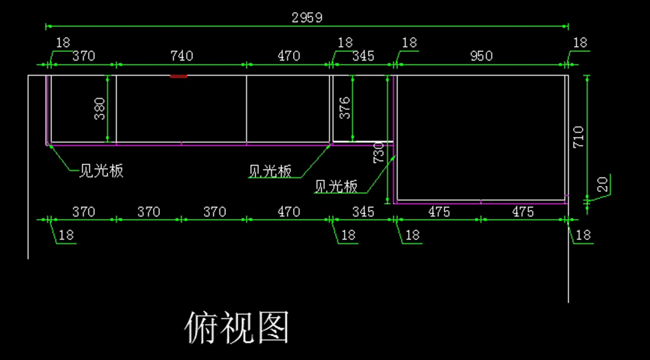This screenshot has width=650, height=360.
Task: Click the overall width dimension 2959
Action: pyautogui.click(x=307, y=17)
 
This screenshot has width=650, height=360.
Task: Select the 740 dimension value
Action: pyautogui.click(x=181, y=56)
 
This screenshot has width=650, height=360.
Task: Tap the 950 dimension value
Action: pyautogui.click(x=481, y=56)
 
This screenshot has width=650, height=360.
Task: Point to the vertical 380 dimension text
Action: pyautogui.click(x=100, y=108)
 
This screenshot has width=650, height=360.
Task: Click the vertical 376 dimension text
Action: pyautogui.click(x=344, y=108)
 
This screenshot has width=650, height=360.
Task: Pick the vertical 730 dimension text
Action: pyautogui.click(x=379, y=152)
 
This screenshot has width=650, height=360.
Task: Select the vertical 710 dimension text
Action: pyautogui.click(x=578, y=137)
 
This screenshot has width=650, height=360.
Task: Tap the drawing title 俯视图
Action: pyautogui.click(x=237, y=328)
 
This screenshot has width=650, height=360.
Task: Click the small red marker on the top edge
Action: pyautogui.click(x=179, y=76)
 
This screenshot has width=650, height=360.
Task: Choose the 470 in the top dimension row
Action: pyautogui.click(x=289, y=56)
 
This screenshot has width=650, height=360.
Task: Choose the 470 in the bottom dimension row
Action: pyautogui.click(x=289, y=212)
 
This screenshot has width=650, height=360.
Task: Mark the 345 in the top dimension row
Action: pyautogui.click(x=363, y=56)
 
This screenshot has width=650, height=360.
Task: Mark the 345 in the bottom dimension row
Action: pyautogui.click(x=363, y=212)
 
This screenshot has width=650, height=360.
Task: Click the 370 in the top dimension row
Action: pyautogui.click(x=83, y=56)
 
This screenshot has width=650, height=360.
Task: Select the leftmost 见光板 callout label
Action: pyautogui.click(x=101, y=171)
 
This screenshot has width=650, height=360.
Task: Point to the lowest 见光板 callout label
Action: pyautogui.click(x=336, y=187)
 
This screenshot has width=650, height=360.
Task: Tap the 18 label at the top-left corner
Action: pyautogui.click(x=63, y=43)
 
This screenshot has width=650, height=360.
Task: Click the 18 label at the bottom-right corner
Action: pyautogui.click(x=583, y=235)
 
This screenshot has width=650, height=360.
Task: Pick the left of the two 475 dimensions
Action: pyautogui.click(x=439, y=212)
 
